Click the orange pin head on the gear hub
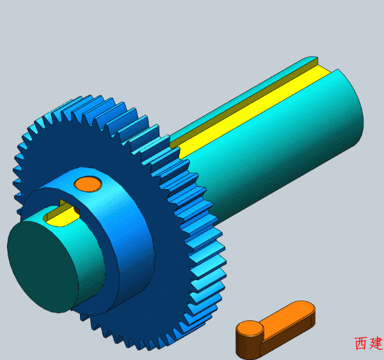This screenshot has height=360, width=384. tap(88, 184)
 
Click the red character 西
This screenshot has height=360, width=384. tap(362, 343)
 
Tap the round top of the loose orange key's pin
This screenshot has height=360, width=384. tap(250, 329)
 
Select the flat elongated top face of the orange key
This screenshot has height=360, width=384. tap(287, 315)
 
